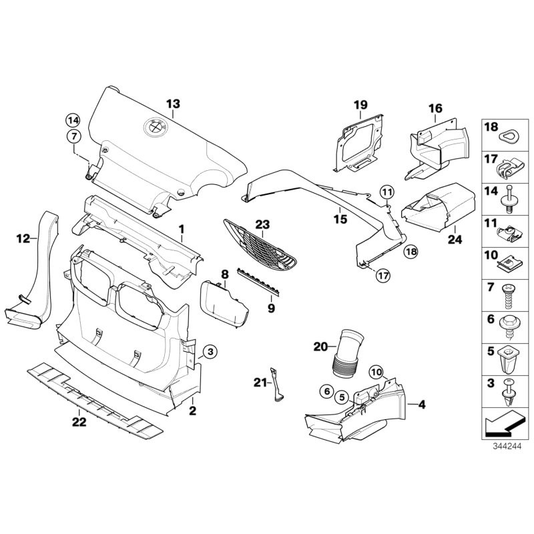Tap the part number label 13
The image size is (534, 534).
[x=173, y=103]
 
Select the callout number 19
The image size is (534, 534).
[x=360, y=105]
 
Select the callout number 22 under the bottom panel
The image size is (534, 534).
[x=79, y=421]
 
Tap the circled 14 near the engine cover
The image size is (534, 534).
[x=71, y=120]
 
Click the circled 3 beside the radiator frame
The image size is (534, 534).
[x=209, y=351]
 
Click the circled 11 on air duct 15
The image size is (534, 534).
[x=387, y=194]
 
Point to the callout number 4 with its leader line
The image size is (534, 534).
[x=421, y=404]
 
